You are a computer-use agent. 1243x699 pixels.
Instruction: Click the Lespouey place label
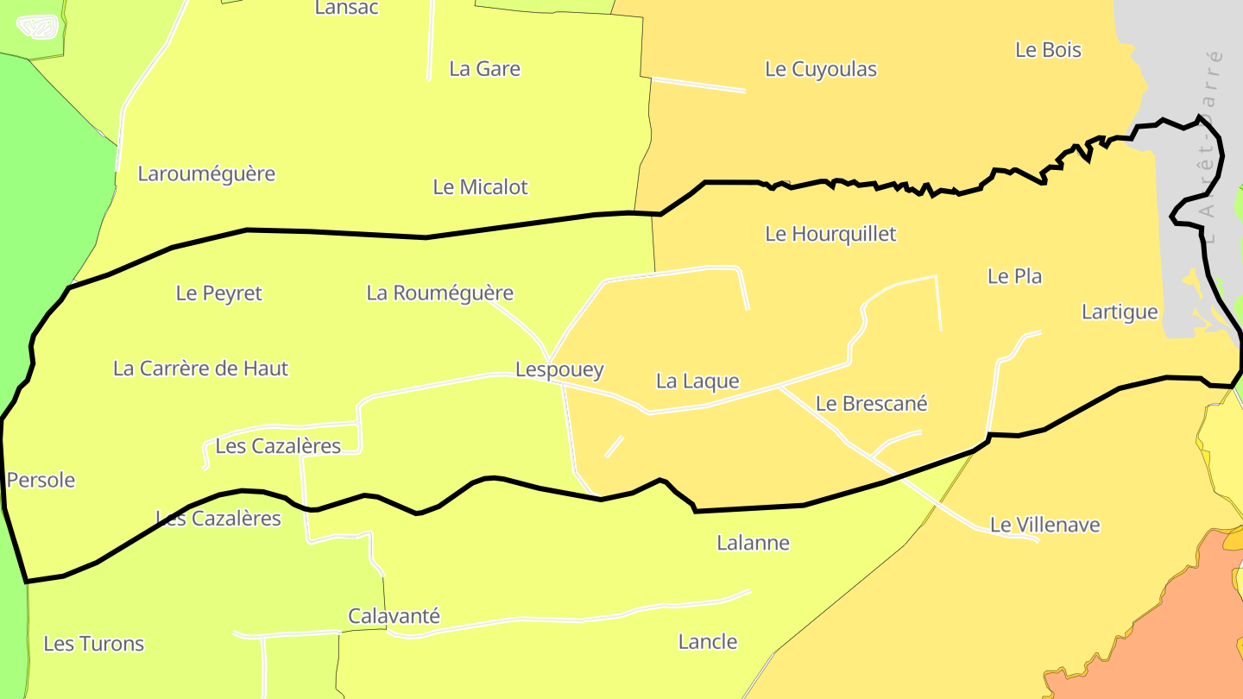pyautogui.click(x=559, y=370)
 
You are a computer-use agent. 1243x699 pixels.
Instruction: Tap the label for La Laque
pyautogui.click(x=697, y=381)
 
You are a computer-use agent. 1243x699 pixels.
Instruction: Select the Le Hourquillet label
pyautogui.click(x=830, y=234)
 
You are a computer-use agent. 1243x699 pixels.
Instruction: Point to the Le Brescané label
pyautogui.click(x=871, y=404)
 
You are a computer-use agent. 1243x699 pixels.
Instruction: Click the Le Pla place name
pyautogui.click(x=1014, y=277)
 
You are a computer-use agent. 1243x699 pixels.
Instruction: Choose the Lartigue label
pyautogui.click(x=1120, y=312)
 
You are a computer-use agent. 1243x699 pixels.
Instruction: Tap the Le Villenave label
pyautogui.click(x=1044, y=526)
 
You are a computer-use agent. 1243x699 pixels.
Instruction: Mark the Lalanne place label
pyautogui.click(x=753, y=543)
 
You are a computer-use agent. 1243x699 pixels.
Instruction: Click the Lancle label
pyautogui.click(x=708, y=642)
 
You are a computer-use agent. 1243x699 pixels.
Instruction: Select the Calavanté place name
pyautogui.click(x=394, y=617)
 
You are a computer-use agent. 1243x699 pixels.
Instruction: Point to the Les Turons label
pyautogui.click(x=93, y=644)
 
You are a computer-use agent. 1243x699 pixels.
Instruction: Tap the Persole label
pyautogui.click(x=41, y=481)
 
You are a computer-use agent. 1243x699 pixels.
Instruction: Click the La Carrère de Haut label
pyautogui.click(x=200, y=369)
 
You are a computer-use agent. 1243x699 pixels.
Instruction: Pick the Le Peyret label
pyautogui.click(x=218, y=293)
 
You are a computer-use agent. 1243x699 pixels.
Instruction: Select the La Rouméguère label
pyautogui.click(x=439, y=293)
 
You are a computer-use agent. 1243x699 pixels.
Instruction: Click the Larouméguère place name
pyautogui.click(x=206, y=174)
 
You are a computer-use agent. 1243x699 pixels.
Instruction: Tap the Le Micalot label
pyautogui.click(x=480, y=187)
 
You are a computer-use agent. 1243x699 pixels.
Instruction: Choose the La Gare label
pyautogui.click(x=484, y=69)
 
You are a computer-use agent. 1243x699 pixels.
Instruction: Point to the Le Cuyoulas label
pyautogui.click(x=821, y=70)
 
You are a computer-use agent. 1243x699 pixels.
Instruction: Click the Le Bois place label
pyautogui.click(x=1048, y=50)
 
